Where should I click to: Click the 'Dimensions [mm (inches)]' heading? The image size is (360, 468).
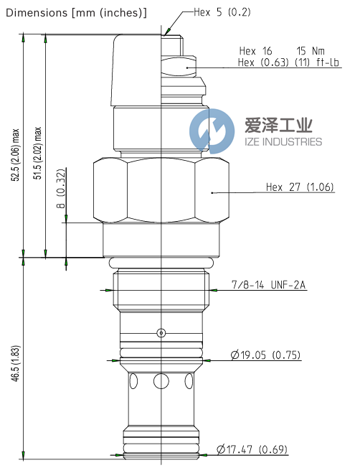[77, 12]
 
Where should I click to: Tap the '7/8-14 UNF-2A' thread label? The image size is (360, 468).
[269, 286]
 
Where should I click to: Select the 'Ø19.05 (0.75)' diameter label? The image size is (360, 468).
[265, 355]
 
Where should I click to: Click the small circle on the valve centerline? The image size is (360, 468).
[161, 332]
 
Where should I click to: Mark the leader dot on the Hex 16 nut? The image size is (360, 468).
[188, 67]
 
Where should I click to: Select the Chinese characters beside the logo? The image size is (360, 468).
[279, 126]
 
